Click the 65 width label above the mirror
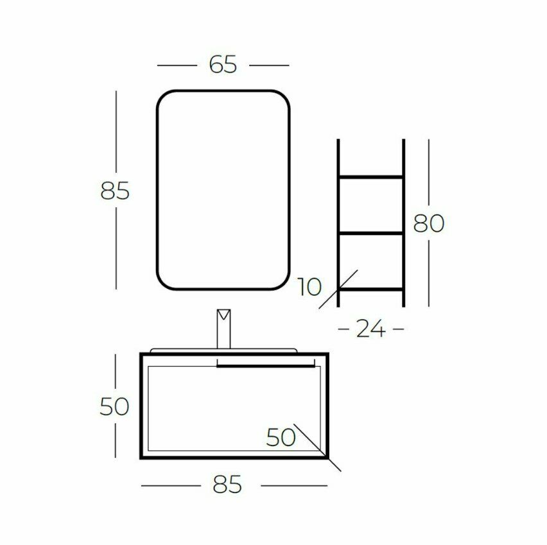[x=223, y=65]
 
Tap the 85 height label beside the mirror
[x=115, y=191]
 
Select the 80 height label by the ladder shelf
[x=429, y=223]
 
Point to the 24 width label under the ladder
[x=370, y=329]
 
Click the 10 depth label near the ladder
[x=309, y=287]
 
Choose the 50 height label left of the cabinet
[x=114, y=406]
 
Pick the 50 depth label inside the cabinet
[x=281, y=437]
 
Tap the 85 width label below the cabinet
[x=227, y=484]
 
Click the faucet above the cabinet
[x=223, y=329]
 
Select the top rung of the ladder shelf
[x=371, y=177]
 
